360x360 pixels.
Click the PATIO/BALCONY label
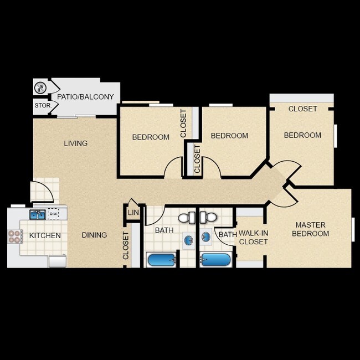click(x=85, y=97)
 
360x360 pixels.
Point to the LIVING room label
click(x=75, y=143)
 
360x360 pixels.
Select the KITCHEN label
click(x=45, y=235)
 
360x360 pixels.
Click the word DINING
click(x=94, y=235)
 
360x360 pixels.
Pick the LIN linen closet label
click(x=133, y=213)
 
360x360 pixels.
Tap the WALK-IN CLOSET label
click(x=253, y=238)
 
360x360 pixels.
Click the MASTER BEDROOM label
click(x=311, y=229)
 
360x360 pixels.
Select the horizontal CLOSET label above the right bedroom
click(x=302, y=109)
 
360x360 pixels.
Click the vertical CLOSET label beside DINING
click(x=126, y=246)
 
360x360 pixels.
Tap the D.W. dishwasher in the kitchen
click(x=54, y=214)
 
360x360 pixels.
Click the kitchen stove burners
click(x=14, y=236)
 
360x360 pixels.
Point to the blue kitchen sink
click(x=37, y=214)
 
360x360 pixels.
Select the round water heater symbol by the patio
click(x=40, y=87)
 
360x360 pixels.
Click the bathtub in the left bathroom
click(x=161, y=259)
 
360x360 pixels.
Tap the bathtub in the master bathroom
click(x=216, y=259)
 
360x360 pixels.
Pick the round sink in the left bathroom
click(x=189, y=239)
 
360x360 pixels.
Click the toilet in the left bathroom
click(x=191, y=218)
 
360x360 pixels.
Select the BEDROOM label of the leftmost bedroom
click(x=151, y=137)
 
